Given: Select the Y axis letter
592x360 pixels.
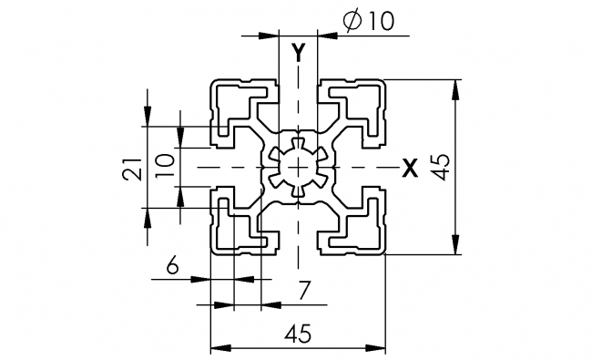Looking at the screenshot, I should [298, 52].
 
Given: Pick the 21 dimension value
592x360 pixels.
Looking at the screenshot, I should [132, 167].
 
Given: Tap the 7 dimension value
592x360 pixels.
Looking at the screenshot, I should [304, 291].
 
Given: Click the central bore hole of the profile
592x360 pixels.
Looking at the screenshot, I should [298, 167].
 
